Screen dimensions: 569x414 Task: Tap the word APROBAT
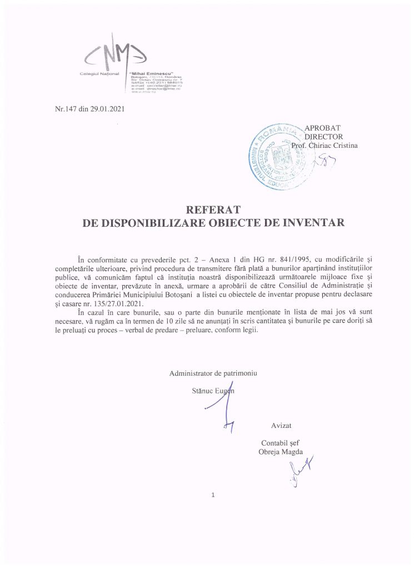tap(328, 127)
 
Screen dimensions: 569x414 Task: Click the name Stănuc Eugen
tap(212, 390)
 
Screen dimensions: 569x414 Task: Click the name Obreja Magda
tap(281, 452)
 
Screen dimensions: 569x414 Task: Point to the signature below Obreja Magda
tap(300, 471)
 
